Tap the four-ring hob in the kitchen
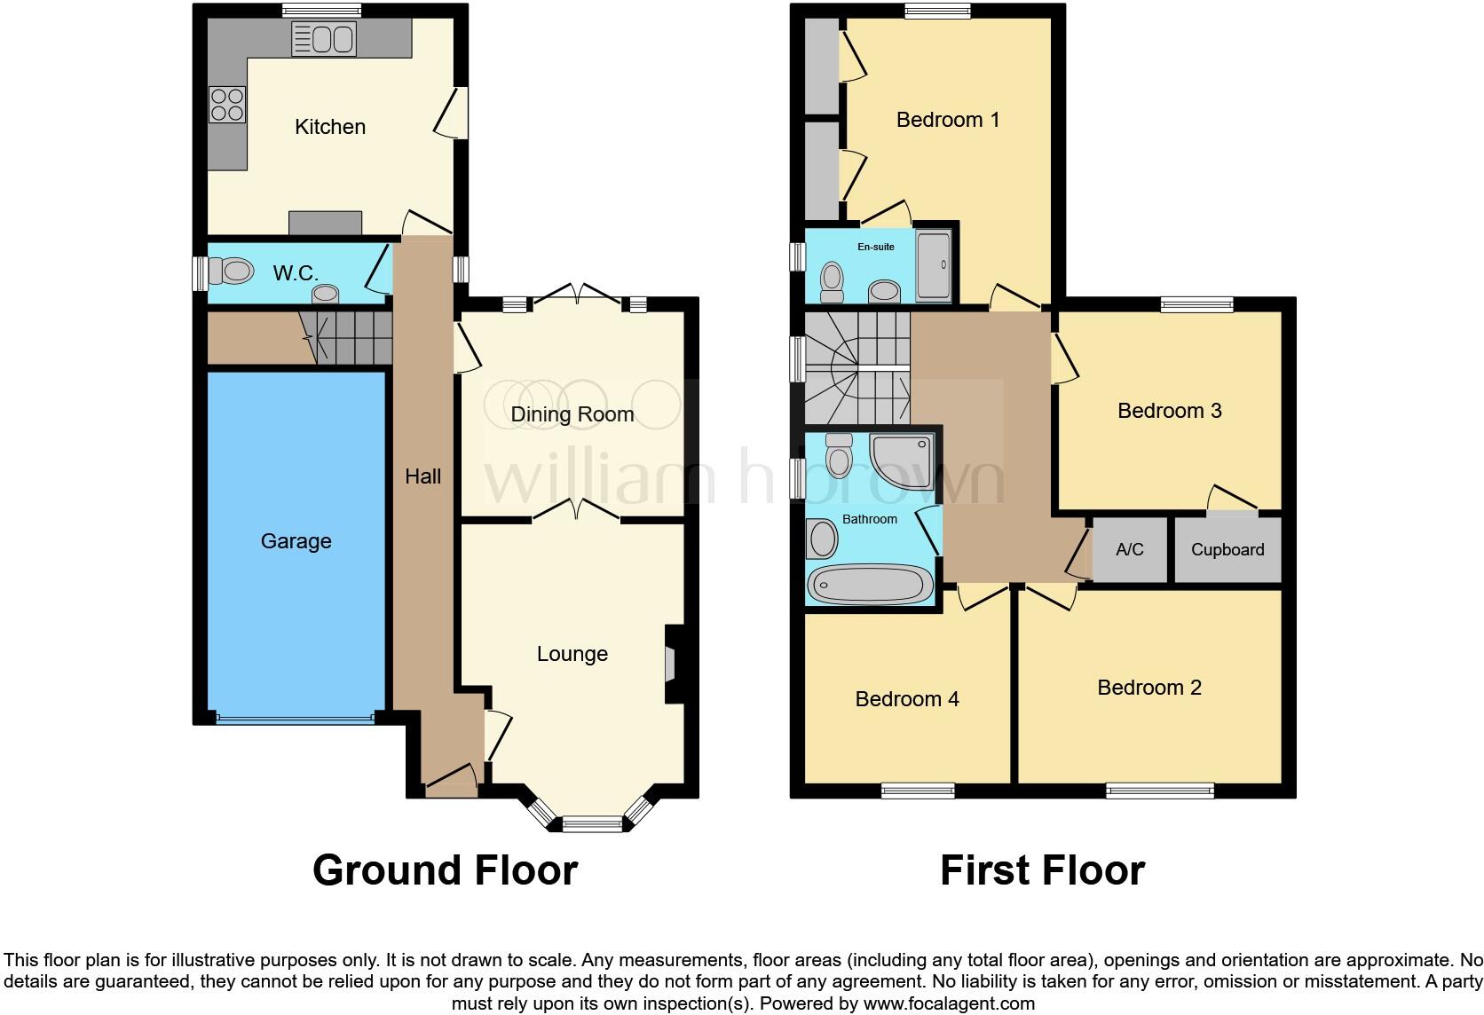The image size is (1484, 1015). pos(226,104)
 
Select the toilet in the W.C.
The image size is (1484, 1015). pos(229,271)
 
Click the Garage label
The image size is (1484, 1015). pos(296,541)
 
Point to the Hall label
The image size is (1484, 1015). pos(422,476)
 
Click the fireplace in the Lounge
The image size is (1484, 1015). pos(671,665)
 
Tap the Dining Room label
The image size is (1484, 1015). pos(572,414)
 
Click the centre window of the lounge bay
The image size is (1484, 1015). pos(593,824)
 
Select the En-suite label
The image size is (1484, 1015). pos(875,247)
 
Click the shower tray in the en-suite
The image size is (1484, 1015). pos(933,264)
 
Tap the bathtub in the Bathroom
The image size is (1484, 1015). pos(870,584)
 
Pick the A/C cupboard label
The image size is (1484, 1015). pos(1129,550)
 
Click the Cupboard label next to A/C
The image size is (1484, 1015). pos(1227,550)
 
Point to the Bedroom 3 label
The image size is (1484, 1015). pos(1169,411)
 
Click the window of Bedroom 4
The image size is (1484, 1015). pos(918,790)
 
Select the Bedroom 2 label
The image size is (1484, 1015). pos(1149,688)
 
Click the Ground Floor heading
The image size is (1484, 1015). pos(445,870)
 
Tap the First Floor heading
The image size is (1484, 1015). pos(1042,870)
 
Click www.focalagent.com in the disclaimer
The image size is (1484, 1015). pos(948,1004)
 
